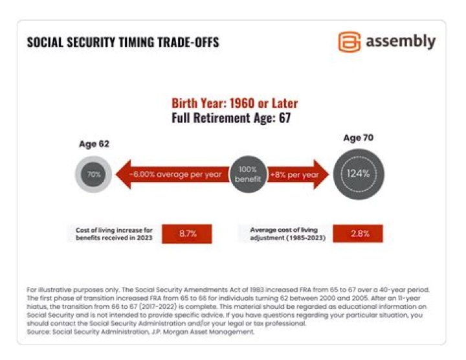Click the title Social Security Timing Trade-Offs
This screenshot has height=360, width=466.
click(123, 43)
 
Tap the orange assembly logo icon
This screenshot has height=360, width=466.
click(349, 42)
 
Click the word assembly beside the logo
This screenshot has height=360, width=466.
click(401, 41)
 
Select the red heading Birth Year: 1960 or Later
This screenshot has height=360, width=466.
click(234, 104)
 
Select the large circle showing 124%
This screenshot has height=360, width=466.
click(358, 174)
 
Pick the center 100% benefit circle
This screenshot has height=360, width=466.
click(248, 174)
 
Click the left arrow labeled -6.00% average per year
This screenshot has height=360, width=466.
click(172, 174)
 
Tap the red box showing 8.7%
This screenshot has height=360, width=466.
click(186, 233)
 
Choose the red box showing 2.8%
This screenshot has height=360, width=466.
click(358, 233)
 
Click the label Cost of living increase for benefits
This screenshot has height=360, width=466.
click(113, 233)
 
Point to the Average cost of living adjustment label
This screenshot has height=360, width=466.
click(283, 233)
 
